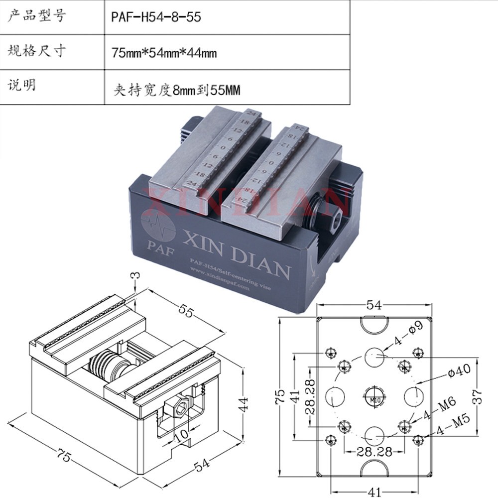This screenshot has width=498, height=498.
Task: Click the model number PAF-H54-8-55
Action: (x=156, y=17)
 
